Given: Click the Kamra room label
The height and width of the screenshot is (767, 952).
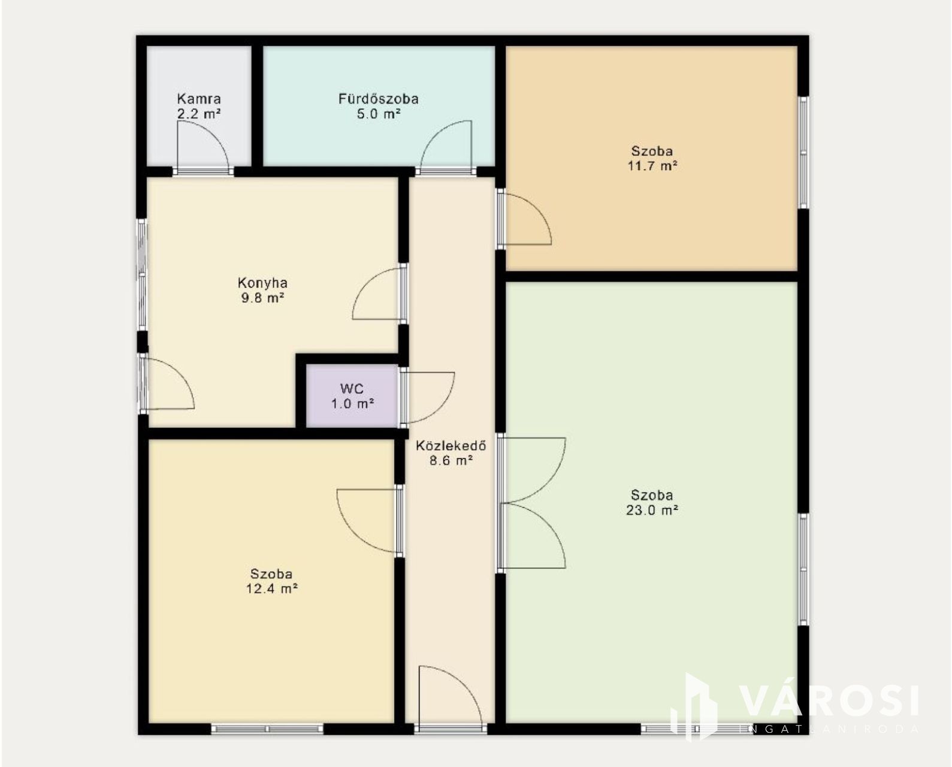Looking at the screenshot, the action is pos(199,99).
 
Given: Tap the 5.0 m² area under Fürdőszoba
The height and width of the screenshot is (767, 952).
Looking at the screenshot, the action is pos(379,114).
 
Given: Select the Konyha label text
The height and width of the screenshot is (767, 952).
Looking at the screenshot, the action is pos(262,283).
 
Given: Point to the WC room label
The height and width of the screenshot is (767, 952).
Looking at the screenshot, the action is pos(352,388).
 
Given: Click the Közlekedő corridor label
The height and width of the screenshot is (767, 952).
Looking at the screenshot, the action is pos(451,445).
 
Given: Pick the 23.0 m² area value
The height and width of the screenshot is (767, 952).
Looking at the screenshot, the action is pos(652,511).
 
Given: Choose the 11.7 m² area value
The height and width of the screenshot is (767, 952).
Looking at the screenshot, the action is pos(652,166).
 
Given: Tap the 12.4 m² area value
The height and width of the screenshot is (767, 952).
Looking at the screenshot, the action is pos(271,589).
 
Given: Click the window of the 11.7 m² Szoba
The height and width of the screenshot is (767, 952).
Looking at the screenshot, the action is pos(803,152).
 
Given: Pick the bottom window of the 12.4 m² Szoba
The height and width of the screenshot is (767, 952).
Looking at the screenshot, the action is pos(267,729).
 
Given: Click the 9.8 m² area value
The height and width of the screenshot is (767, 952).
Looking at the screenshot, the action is pos(262,297).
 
